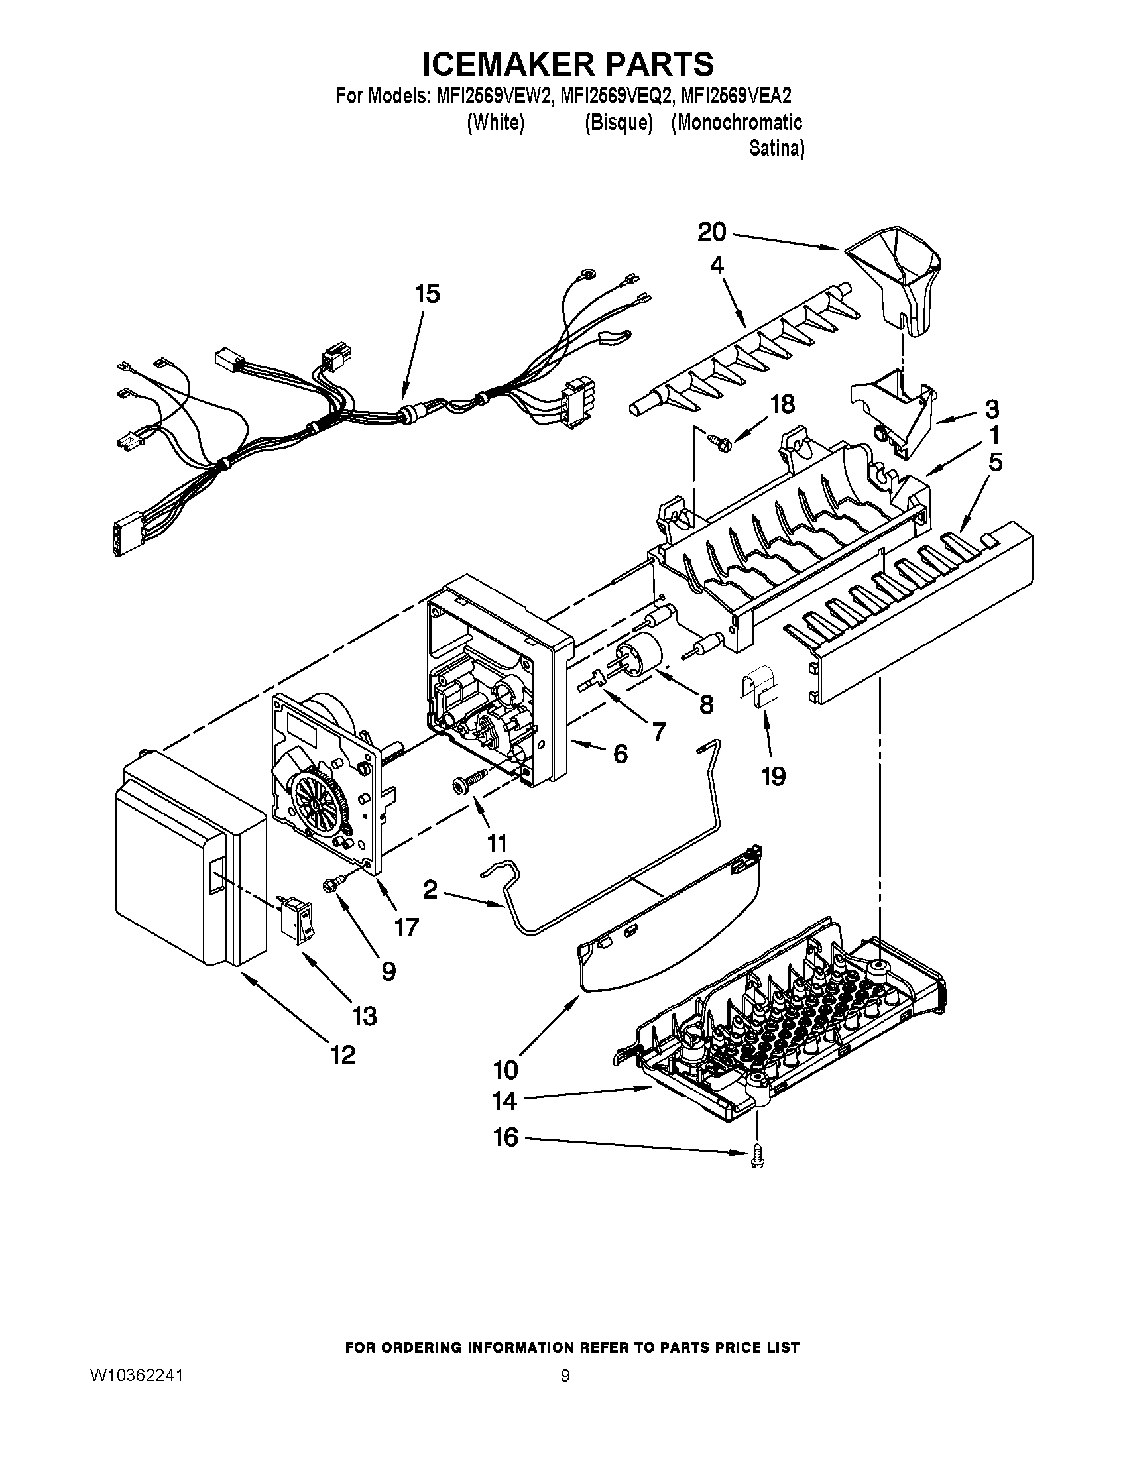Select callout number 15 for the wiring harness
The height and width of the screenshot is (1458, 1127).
(x=428, y=294)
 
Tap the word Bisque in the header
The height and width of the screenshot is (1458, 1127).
(x=619, y=123)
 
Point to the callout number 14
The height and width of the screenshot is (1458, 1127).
(x=504, y=1101)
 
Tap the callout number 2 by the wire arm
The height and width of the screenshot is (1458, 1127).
(x=430, y=890)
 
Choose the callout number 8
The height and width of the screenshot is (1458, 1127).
(x=706, y=704)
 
